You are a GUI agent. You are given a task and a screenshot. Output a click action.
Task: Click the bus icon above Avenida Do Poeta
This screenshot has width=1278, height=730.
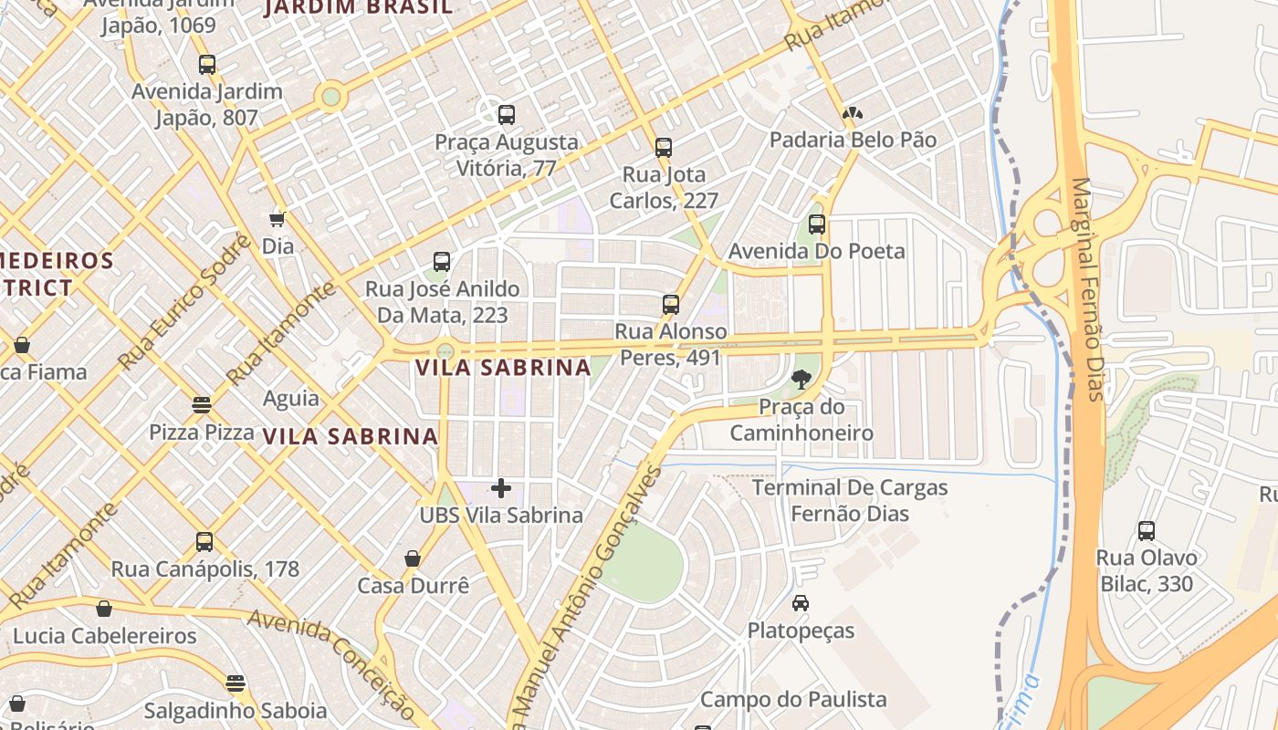[x=817, y=224]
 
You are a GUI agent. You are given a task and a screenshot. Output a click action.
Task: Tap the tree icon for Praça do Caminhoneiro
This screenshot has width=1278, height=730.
[x=802, y=380]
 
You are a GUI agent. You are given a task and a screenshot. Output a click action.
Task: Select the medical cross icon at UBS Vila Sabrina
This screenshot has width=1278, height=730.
[x=501, y=488]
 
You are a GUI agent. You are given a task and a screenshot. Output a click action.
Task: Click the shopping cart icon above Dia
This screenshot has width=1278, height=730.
[x=278, y=219]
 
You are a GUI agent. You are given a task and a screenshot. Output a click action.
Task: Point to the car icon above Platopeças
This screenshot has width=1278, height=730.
[x=801, y=603]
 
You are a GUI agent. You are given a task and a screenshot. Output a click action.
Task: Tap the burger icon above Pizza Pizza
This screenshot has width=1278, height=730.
[x=202, y=404]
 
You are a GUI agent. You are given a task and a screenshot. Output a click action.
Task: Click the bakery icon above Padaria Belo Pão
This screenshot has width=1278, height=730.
[x=853, y=114]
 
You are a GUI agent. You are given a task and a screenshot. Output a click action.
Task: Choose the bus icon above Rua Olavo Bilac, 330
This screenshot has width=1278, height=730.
[x=1147, y=530]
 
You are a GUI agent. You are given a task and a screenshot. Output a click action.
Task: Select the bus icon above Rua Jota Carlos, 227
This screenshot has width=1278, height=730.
[x=664, y=147]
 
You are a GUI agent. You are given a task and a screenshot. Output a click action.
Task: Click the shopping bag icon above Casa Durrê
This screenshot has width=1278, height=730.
[x=413, y=558]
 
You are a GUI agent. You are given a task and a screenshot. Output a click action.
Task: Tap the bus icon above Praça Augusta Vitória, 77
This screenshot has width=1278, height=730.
[x=507, y=115]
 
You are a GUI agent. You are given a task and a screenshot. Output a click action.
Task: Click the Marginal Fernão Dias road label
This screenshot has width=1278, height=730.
[x=1089, y=288]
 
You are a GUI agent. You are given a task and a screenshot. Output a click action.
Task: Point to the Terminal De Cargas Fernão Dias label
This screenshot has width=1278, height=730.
[x=850, y=500]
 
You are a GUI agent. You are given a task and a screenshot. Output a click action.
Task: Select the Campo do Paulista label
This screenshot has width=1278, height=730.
[x=793, y=699]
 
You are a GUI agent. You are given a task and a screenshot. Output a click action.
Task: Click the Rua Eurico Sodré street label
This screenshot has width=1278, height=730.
[x=186, y=301]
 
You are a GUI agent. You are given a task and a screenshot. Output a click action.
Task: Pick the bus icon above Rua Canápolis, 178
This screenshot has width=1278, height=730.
[x=204, y=542]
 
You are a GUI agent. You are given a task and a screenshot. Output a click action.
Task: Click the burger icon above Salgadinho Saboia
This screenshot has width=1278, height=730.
[x=236, y=683]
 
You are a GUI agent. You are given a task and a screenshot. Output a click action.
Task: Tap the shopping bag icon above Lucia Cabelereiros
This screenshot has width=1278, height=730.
[x=104, y=609]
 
